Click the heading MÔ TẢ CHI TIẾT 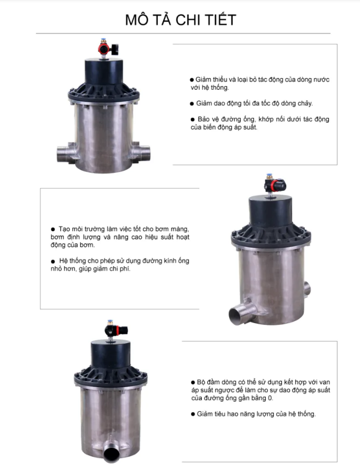180,19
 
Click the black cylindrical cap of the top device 104,72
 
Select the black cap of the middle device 271,210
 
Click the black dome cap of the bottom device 111,354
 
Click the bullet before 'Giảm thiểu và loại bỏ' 192,80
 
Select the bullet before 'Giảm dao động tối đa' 192,104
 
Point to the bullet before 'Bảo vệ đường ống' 192,120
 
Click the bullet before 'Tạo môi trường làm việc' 53,230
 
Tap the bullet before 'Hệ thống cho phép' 53,261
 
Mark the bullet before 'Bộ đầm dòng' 193,382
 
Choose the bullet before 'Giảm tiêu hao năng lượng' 193,414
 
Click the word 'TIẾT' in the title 221,19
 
